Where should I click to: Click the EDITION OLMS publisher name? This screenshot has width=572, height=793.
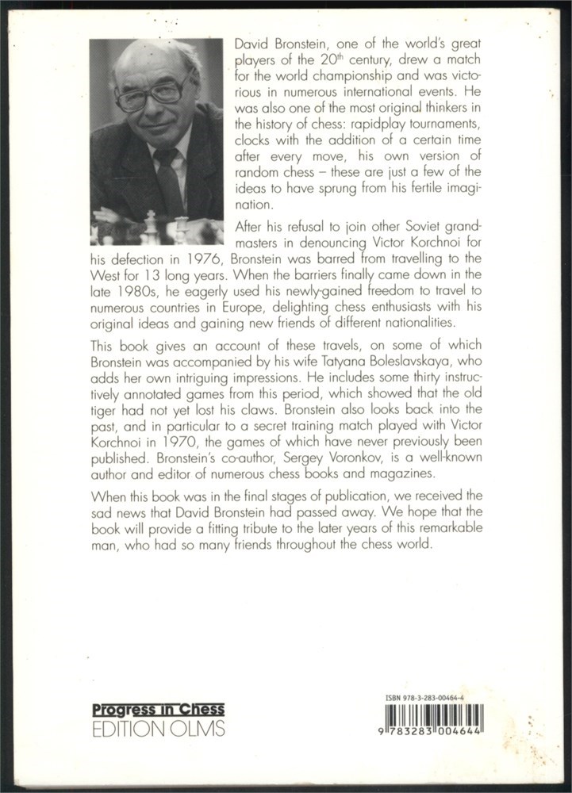[158, 728]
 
